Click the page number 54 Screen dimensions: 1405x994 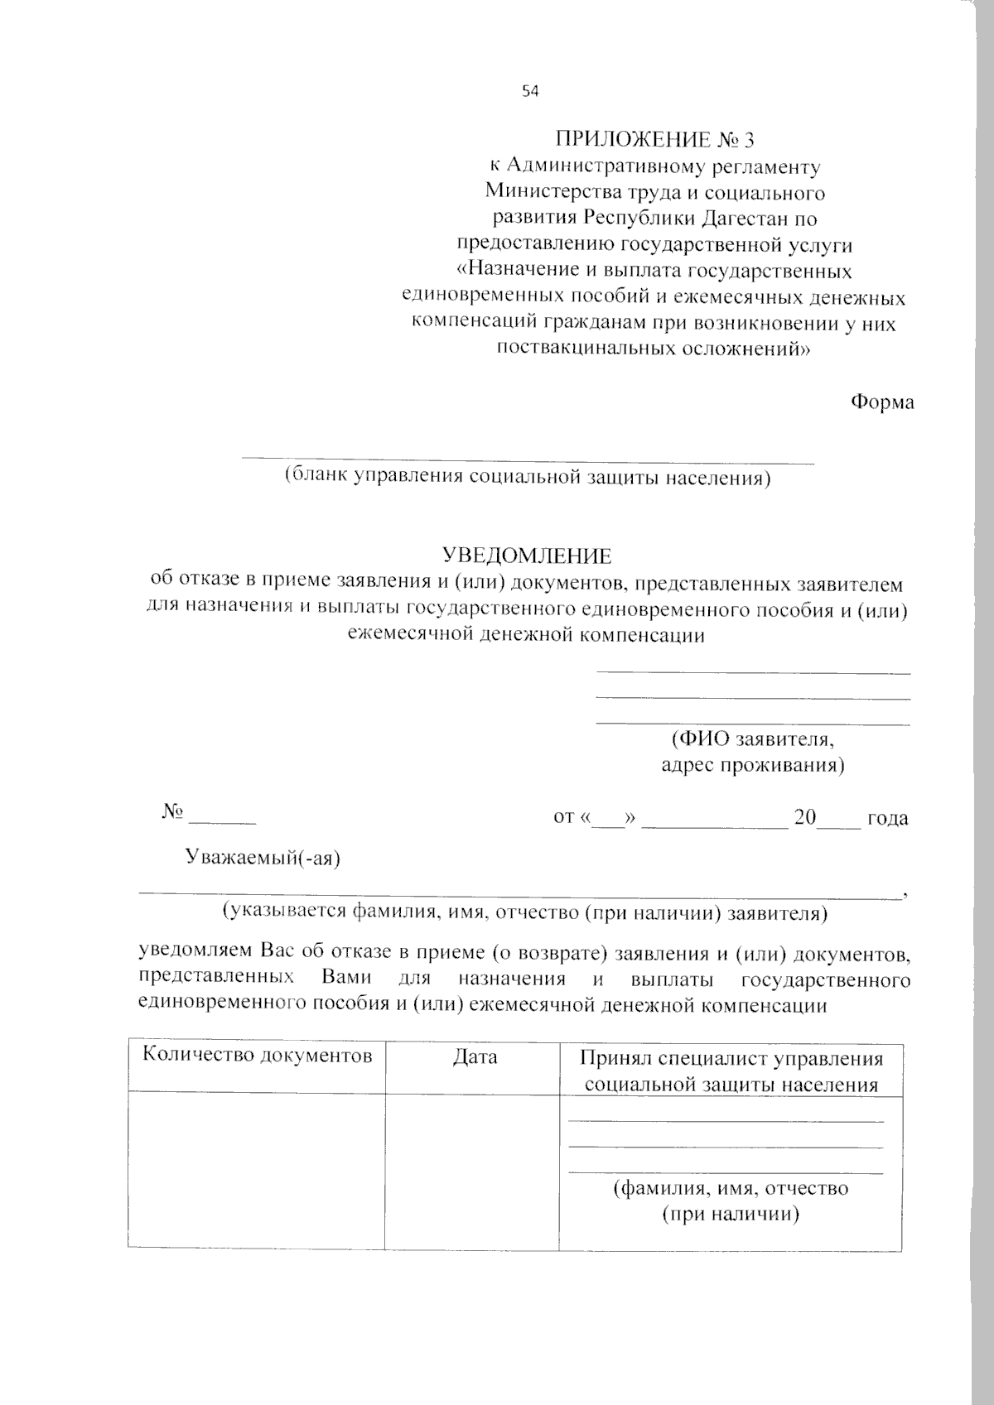click(x=530, y=91)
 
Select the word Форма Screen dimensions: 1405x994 click(x=882, y=402)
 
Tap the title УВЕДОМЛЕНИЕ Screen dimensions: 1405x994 click(x=527, y=556)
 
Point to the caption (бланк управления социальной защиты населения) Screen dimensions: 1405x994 click(x=528, y=478)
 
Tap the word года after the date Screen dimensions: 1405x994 click(x=887, y=818)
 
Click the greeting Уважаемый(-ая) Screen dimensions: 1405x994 click(x=263, y=858)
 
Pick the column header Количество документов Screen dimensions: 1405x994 click(x=258, y=1056)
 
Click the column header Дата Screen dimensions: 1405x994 click(x=475, y=1057)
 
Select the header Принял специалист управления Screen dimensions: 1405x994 click(x=731, y=1059)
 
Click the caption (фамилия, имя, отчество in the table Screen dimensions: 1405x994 click(x=731, y=1189)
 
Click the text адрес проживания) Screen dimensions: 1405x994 click(x=752, y=764)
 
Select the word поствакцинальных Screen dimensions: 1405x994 click(x=586, y=349)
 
